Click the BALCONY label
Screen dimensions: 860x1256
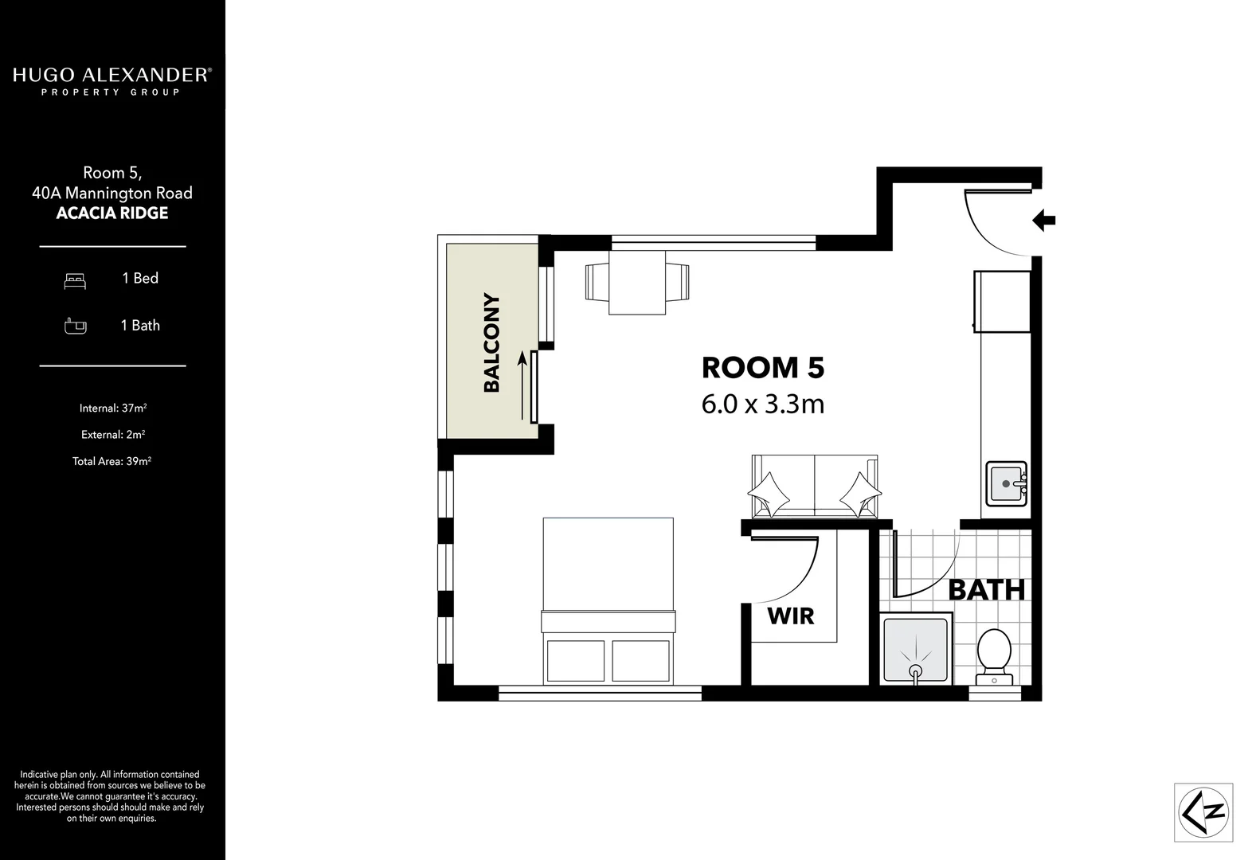click(x=491, y=343)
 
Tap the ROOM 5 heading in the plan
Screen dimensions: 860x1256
click(x=762, y=368)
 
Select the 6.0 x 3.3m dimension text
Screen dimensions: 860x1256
click(x=762, y=405)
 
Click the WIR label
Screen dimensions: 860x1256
click(x=790, y=616)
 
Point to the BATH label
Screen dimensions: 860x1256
click(x=986, y=590)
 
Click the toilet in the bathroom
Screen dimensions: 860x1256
click(x=993, y=657)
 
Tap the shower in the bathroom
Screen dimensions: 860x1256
click(x=916, y=648)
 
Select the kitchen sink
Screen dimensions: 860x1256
click(x=1006, y=483)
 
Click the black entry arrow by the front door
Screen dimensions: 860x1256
click(x=1043, y=220)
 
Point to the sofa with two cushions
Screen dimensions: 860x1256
click(x=814, y=487)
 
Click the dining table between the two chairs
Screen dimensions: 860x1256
click(x=637, y=282)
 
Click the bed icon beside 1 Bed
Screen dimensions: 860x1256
click(x=75, y=279)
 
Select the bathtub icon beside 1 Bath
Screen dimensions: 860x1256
click(x=75, y=326)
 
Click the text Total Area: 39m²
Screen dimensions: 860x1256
click(x=112, y=461)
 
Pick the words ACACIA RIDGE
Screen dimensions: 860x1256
click(x=112, y=213)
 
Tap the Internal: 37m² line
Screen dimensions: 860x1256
click(x=112, y=408)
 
